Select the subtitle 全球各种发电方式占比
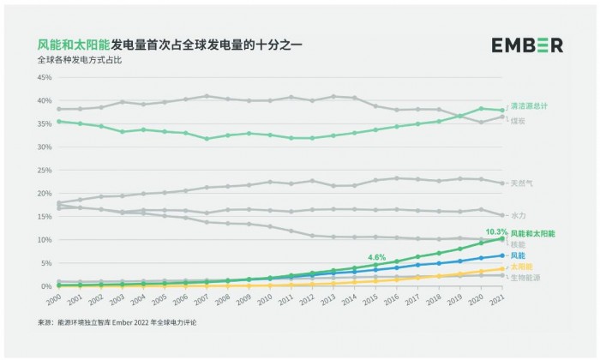78,61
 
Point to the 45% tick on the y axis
44,77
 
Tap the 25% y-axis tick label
44,170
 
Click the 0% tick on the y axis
46,286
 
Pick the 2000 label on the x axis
52,301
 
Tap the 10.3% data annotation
495,231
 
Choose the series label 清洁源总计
529,105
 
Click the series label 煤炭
519,120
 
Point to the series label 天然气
522,183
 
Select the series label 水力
519,216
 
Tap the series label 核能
519,244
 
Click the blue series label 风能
519,255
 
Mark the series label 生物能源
525,278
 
